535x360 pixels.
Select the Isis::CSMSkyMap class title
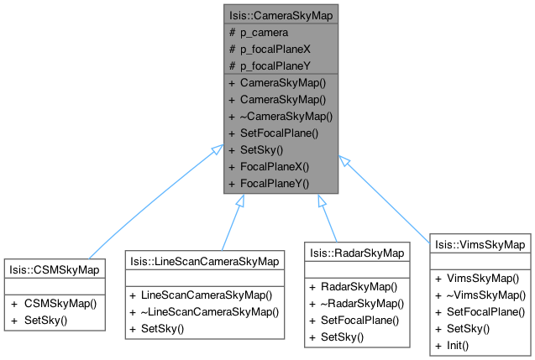tap(54, 269)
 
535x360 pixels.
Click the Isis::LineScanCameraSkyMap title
tap(203, 259)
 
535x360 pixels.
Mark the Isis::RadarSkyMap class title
tap(357, 252)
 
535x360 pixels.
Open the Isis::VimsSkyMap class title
tap(480, 243)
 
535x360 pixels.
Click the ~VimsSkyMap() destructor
tap(485, 295)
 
